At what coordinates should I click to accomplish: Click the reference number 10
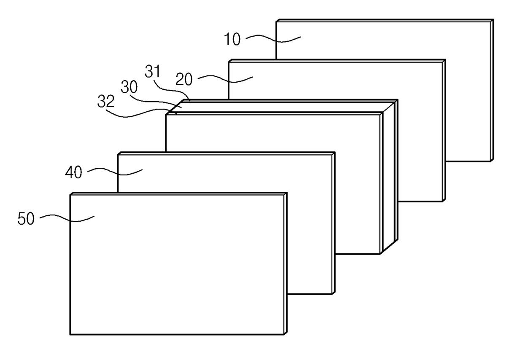coord(232,40)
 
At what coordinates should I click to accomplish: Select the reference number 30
coord(129,88)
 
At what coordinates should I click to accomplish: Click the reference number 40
coord(73,172)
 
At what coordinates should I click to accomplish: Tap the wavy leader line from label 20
coord(226,78)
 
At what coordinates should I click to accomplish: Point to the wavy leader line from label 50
coord(67,218)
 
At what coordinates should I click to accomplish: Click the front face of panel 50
coord(177,266)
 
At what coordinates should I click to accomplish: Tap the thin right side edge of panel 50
coord(286,263)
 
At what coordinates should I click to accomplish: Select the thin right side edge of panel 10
coord(491,90)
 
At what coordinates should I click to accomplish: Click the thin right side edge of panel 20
coord(444,131)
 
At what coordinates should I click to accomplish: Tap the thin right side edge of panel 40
coord(334,223)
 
